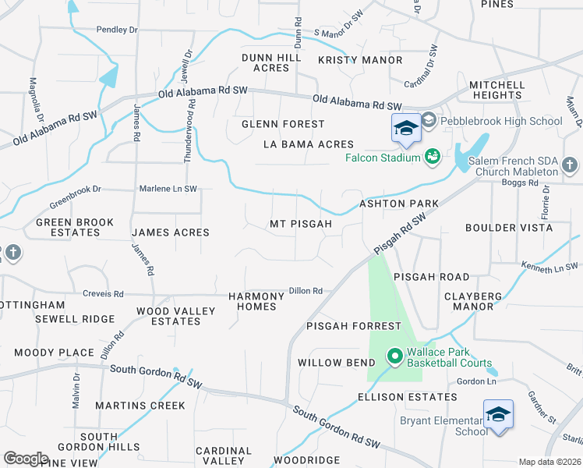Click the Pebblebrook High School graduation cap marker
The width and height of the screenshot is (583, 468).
pos(406,128)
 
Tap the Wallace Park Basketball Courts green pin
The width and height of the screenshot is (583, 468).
pos(394,357)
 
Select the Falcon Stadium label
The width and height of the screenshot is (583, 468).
pos(383,158)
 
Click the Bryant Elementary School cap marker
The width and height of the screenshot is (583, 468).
pos(498,413)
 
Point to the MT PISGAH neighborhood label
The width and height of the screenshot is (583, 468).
pos(301,224)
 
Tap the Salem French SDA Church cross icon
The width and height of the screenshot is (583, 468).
pos(570,165)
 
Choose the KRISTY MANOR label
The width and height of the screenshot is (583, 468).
pos(360,60)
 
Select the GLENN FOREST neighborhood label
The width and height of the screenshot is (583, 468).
pos(283,124)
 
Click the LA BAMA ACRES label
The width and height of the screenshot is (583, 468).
pos(309,144)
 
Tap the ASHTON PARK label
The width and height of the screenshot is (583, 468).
pos(398,204)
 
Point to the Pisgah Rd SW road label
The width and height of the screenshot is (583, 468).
pos(401,232)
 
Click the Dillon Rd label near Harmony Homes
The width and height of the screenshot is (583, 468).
pos(306,291)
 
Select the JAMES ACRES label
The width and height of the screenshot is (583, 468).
pos(171,232)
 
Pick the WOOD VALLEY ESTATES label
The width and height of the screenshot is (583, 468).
pos(175,316)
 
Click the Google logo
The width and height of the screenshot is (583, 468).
pos(26,458)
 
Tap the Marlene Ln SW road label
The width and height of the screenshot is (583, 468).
pos(168,189)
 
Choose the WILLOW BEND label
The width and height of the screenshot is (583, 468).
pos(330,363)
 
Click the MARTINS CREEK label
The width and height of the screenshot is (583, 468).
pos(140,406)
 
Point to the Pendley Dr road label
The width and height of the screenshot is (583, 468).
pos(117,30)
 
